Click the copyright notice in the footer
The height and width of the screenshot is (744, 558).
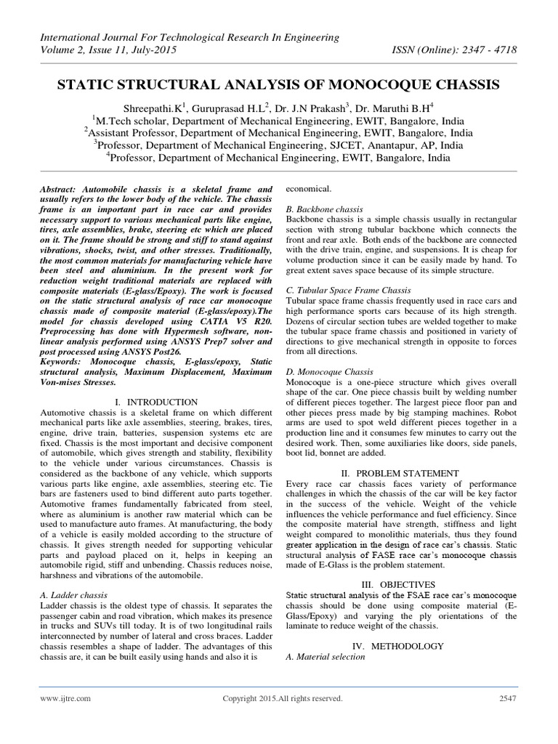click(280, 699)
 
